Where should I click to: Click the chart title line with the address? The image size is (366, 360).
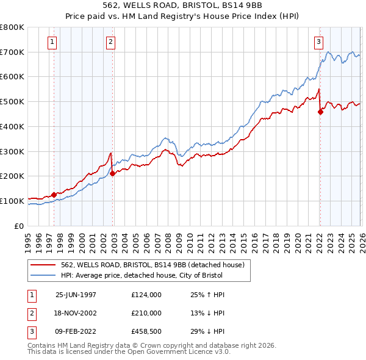tap(182, 7)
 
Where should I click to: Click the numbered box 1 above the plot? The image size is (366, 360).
tap(52, 42)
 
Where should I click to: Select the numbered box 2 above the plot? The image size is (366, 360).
tap(110, 42)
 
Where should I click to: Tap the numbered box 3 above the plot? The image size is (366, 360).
tap(318, 42)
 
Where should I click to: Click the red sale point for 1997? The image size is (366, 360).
tap(54, 195)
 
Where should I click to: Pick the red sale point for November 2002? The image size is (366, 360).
tap(112, 173)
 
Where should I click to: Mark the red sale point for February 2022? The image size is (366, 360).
tap(320, 112)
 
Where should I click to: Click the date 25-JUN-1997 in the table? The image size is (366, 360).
tap(76, 295)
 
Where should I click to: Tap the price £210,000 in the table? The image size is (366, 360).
tap(146, 313)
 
